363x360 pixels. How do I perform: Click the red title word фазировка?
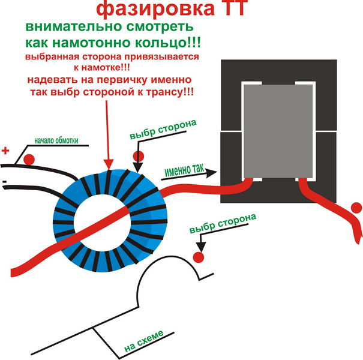pyautogui.click(x=155, y=8)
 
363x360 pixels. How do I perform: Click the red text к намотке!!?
pyautogui.click(x=102, y=68)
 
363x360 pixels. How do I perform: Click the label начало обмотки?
pyautogui.click(x=56, y=140)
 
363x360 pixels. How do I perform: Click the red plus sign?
pyautogui.click(x=5, y=151)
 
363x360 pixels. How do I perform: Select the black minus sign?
pyautogui.click(x=4, y=182)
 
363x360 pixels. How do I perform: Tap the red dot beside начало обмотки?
pyautogui.click(x=29, y=160)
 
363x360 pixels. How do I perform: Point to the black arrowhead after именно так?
pyautogui.click(x=211, y=173)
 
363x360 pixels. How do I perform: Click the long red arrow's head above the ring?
pyautogui.click(x=109, y=164)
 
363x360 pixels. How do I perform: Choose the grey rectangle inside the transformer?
pyautogui.click(x=278, y=131)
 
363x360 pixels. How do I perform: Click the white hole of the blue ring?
pyautogui.click(x=103, y=223)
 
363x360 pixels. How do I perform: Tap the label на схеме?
pyautogui.click(x=144, y=341)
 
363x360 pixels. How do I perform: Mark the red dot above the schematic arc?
pyautogui.click(x=199, y=257)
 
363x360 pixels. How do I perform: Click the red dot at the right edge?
pyautogui.click(x=356, y=208)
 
